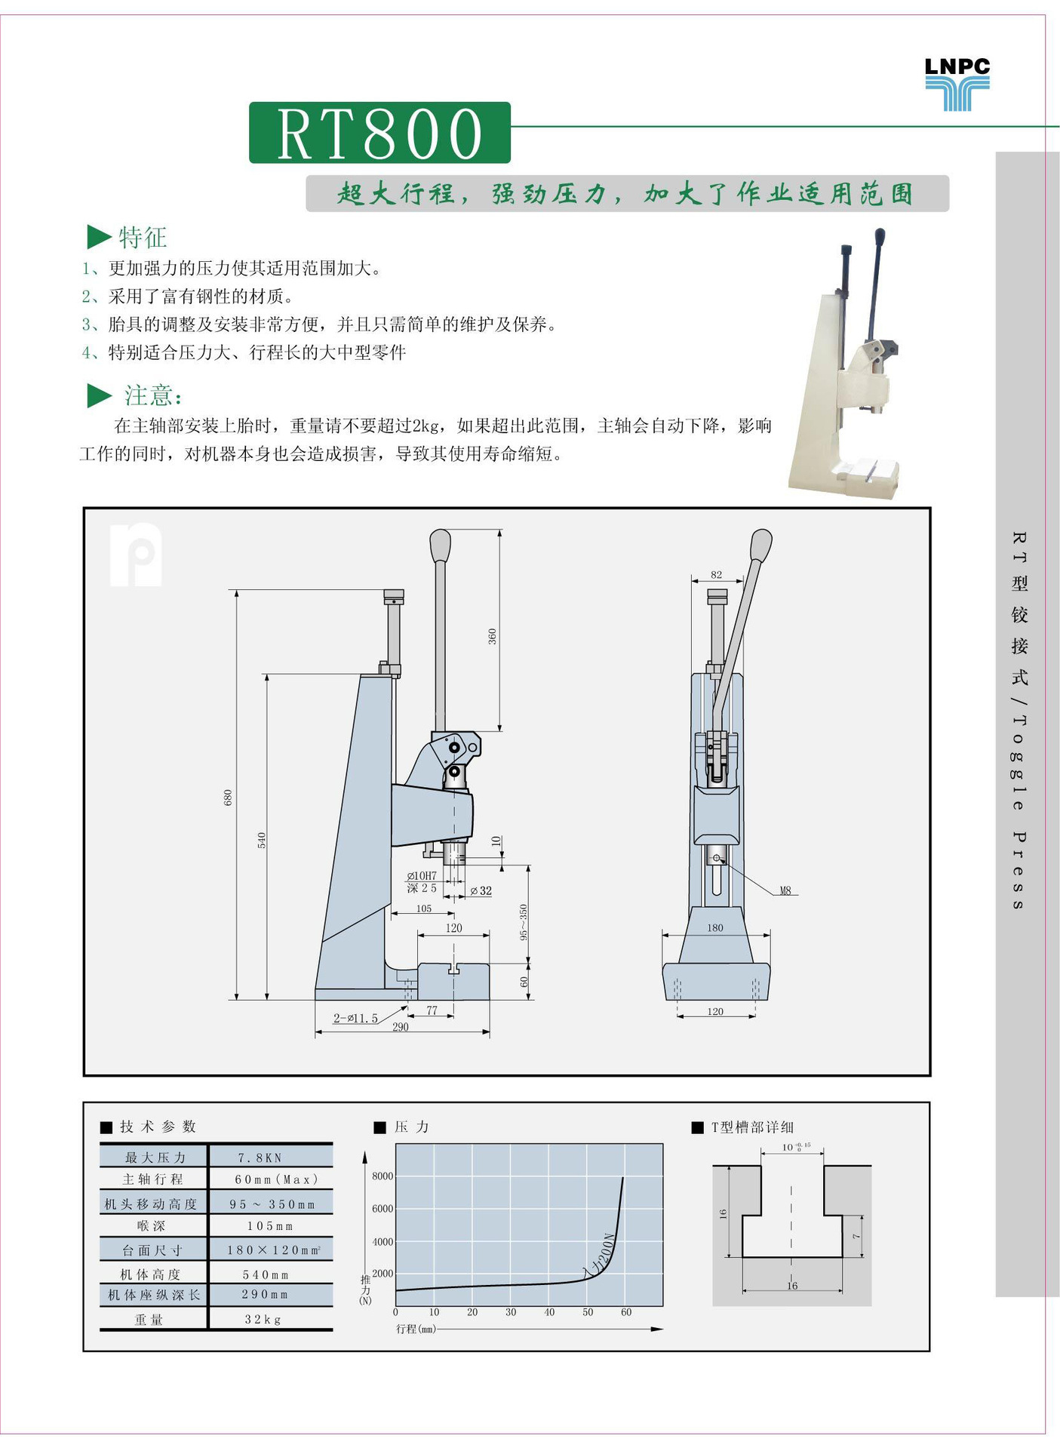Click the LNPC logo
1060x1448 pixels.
(957, 84)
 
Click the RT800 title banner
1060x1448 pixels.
(379, 133)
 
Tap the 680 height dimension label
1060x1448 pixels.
(228, 797)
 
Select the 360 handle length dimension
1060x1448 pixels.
(492, 635)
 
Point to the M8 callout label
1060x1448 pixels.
(785, 891)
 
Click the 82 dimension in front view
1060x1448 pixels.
(716, 575)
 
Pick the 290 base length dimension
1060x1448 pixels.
(401, 1027)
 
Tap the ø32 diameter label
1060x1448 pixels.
(481, 891)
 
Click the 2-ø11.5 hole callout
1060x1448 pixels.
(355, 1019)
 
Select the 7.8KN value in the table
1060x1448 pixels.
(260, 1157)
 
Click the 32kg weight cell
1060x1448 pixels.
(263, 1319)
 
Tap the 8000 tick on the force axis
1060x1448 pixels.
(382, 1176)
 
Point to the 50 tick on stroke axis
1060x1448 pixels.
(587, 1312)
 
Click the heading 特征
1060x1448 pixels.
(143, 238)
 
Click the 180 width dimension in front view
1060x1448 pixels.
(714, 928)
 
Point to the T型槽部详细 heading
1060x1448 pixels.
(751, 1127)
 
